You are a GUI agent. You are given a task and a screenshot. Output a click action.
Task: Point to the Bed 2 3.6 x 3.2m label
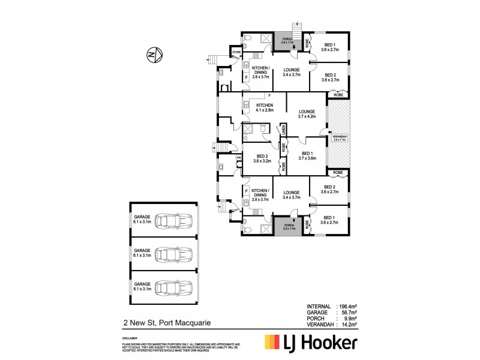(259, 159)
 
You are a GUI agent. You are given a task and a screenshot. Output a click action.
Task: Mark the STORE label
(237, 53)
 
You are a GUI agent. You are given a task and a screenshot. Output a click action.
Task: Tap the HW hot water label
(238, 158)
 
